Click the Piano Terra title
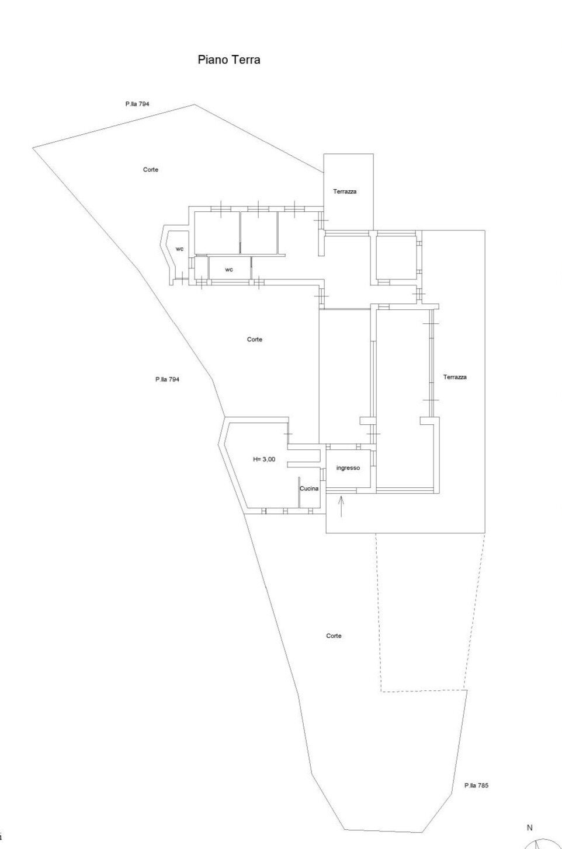pos(229,60)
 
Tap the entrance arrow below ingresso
pos(341,506)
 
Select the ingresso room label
pos(348,468)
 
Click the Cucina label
pos(309,488)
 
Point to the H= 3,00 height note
pos(264,459)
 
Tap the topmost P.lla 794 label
pos(137,103)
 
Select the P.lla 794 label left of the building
pos(167,379)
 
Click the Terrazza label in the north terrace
pos(345,191)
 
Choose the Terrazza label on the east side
pos(455,377)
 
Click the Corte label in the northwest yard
pos(151,169)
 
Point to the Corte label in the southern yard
pos(334,635)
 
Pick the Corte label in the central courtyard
pos(255,339)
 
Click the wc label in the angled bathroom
pos(179,249)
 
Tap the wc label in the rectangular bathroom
pos(229,270)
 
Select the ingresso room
pos(348,469)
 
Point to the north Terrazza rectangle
pos(348,191)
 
